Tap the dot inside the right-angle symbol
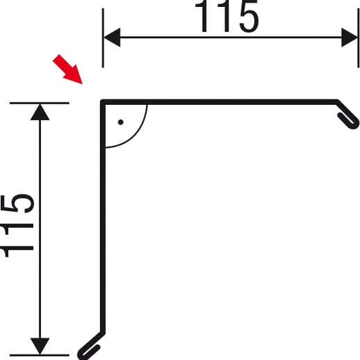tap(120, 122)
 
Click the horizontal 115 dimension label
tap(227, 16)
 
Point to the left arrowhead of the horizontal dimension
tap(112, 38)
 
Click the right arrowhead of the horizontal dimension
tap(350, 38)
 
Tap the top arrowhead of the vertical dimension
tap(40, 113)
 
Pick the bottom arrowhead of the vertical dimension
tap(40, 346)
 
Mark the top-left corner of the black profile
tap(101, 100)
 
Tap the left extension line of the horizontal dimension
tap(103, 38)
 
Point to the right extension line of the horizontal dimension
tap(359, 38)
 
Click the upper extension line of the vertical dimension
tap(40, 103)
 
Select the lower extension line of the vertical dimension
tap(40, 355)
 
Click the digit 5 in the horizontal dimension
tap(249, 16)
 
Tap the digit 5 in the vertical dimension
tap(18, 204)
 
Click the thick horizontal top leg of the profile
tap(219, 102)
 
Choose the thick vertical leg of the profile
tap(103, 218)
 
